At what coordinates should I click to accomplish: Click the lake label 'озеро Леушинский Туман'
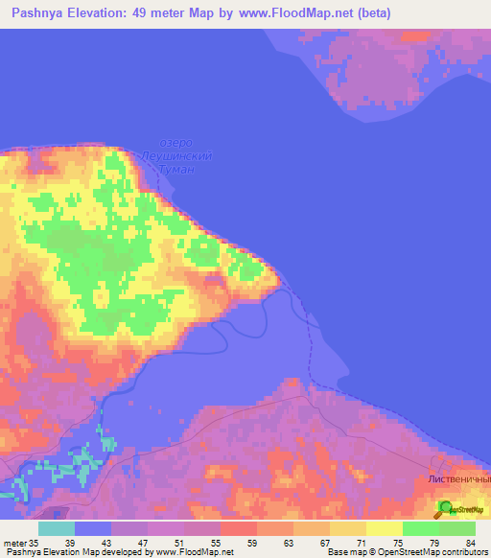[175, 155]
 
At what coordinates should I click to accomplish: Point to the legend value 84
[470, 542]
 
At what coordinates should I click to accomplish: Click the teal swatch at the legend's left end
[56, 528]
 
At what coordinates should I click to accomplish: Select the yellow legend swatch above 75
[385, 528]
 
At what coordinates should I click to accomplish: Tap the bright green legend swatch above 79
[421, 528]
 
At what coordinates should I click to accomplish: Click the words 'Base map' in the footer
[342, 552]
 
